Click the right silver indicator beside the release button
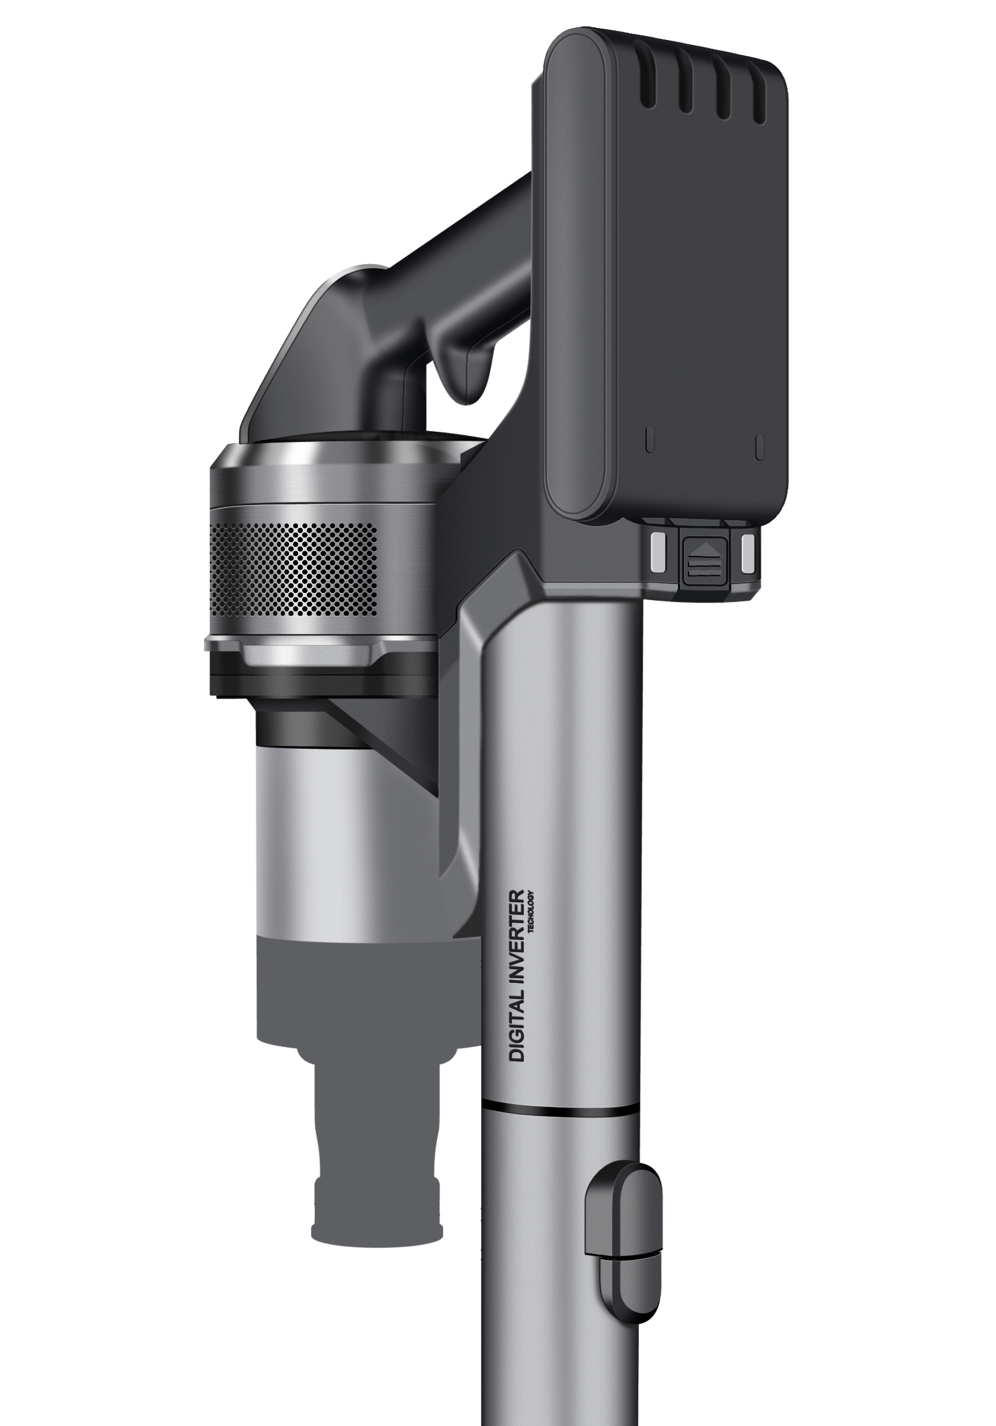click(x=747, y=552)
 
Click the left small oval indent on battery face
click(x=650, y=440)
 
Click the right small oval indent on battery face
click(x=760, y=446)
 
